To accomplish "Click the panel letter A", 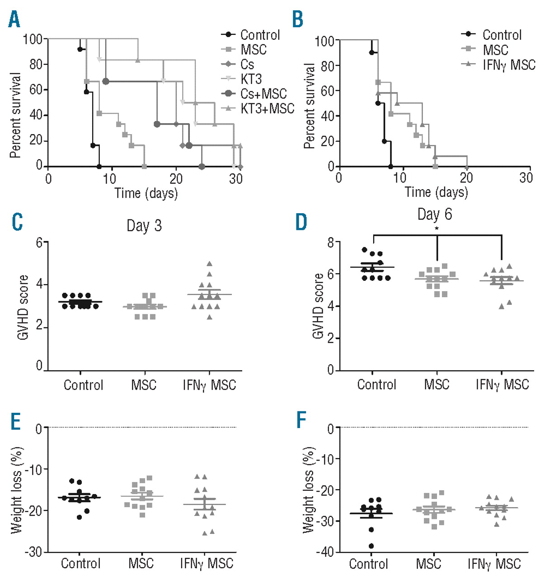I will tap(14, 19).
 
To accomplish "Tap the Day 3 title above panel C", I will tap(144, 225).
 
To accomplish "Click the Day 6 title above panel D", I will tap(434, 214).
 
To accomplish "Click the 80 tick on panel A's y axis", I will tap(36, 64).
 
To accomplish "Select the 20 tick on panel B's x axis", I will tap(466, 177).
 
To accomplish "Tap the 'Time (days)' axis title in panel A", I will tap(146, 193).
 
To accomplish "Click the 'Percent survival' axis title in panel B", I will tap(309, 106).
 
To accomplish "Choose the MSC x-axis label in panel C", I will tap(144, 385).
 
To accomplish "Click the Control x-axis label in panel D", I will tap(376, 385).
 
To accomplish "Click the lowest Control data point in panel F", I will tap(371, 546).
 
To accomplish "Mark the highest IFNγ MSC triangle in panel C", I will tap(209, 264).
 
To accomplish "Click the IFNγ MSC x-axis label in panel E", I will tap(207, 564).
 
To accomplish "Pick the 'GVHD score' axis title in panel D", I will tap(318, 306).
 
